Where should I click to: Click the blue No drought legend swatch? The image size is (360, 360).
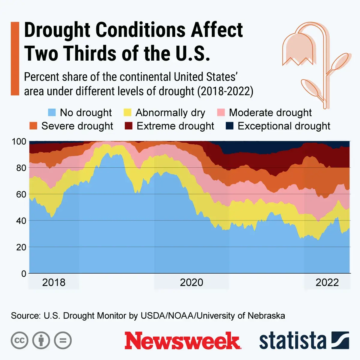(x=52, y=112)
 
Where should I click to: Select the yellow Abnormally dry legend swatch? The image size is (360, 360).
(x=127, y=112)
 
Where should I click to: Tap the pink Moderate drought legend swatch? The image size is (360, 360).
(x=221, y=112)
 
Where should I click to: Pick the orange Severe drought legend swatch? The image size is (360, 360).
(x=33, y=126)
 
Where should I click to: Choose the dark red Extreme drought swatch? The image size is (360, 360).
(x=128, y=126)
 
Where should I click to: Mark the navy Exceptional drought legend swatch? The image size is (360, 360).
(x=229, y=126)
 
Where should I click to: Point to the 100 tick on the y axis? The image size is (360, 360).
(x=19, y=141)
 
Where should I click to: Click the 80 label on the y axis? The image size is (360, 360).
(x=21, y=168)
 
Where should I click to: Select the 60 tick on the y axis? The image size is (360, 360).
(x=21, y=194)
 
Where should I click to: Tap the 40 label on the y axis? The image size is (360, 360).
(x=21, y=220)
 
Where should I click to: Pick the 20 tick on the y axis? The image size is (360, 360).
(x=21, y=247)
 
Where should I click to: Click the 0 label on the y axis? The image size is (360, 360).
(x=24, y=273)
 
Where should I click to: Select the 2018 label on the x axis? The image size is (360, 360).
(x=54, y=283)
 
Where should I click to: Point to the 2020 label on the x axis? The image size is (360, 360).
(x=191, y=283)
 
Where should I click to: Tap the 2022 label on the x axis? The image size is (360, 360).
(x=327, y=283)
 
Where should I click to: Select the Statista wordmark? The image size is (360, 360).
(x=292, y=341)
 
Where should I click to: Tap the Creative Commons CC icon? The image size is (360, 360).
(x=19, y=341)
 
